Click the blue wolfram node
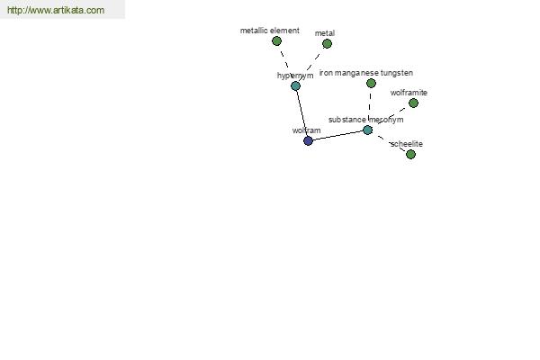308,140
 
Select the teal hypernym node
295,85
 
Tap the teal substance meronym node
368,130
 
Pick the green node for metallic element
276,41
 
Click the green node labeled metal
328,44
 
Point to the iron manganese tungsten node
371,83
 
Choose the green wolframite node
413,103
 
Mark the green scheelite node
410,154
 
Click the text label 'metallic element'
270,31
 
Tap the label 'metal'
325,33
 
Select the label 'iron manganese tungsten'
366,73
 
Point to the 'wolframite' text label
409,93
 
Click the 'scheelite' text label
407,144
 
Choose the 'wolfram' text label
307,130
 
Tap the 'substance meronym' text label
365,120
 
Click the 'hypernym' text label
295,76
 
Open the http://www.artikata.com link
56,10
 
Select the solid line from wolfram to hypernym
302,113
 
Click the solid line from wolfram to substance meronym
337,135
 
